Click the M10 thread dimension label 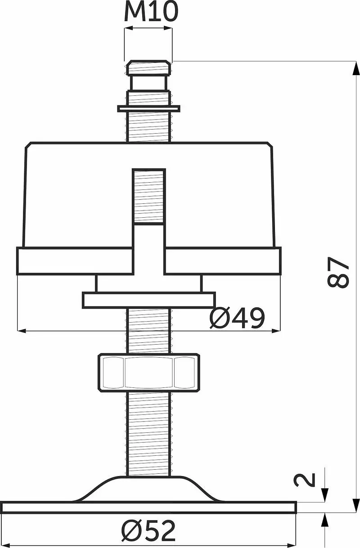[151, 12]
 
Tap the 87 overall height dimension [338, 272]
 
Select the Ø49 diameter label [237, 318]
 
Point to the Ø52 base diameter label [148, 530]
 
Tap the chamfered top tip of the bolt [148, 67]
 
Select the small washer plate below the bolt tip [149, 108]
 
